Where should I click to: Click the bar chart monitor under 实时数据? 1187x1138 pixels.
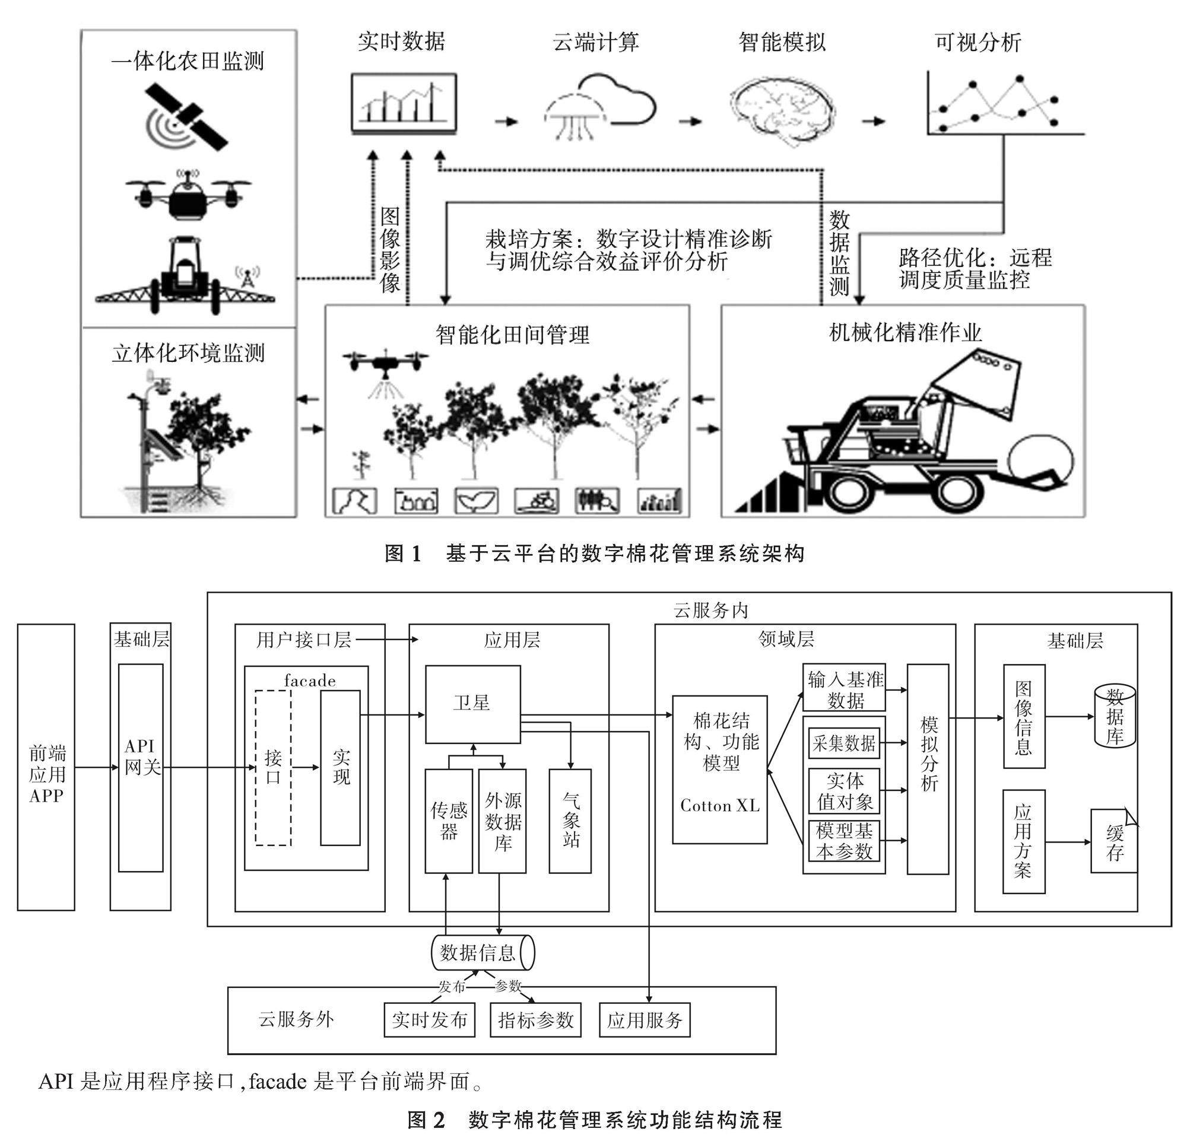tap(404, 103)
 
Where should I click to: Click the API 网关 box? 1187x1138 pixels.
tap(141, 768)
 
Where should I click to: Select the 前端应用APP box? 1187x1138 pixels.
tap(46, 768)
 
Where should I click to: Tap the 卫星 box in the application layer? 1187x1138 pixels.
tap(473, 704)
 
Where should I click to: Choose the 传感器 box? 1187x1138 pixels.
tap(449, 821)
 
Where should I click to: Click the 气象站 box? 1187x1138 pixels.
tap(570, 821)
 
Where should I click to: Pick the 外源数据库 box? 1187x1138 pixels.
tap(503, 821)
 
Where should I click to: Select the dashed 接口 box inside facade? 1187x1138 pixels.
tap(273, 768)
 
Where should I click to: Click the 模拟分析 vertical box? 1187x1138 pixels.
tap(928, 769)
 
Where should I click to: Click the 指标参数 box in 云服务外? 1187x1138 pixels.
tap(535, 1020)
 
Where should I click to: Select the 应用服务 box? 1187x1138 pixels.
tap(645, 1020)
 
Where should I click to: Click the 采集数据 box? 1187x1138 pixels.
tap(844, 743)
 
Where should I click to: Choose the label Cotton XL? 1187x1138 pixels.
tap(720, 806)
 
